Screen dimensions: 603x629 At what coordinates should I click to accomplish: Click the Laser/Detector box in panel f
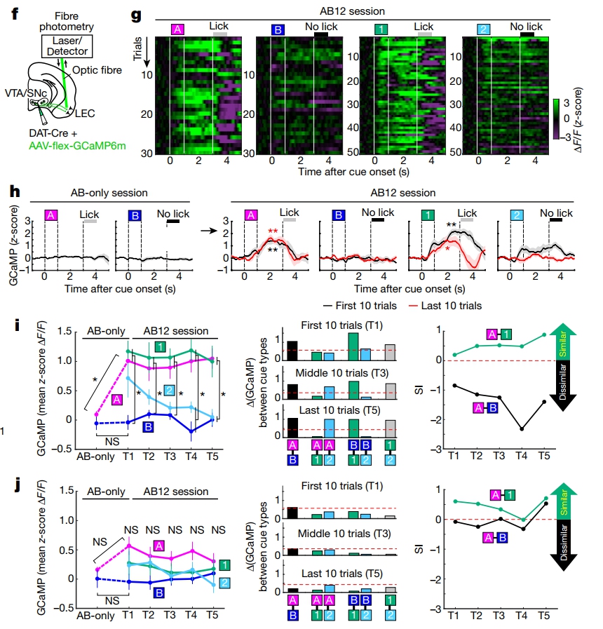click(67, 46)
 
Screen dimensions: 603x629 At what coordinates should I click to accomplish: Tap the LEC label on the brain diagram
click(85, 114)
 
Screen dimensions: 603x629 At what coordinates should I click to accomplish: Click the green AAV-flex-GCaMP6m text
click(77, 146)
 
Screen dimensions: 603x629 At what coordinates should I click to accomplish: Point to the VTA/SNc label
click(26, 93)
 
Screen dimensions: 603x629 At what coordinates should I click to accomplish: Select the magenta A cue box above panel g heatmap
click(177, 29)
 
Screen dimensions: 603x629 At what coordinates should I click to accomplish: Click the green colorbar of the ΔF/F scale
click(556, 119)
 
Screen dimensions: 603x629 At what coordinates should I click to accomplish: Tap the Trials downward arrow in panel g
click(147, 52)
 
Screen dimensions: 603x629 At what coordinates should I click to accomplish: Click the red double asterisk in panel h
click(273, 231)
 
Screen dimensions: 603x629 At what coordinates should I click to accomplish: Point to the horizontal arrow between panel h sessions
click(209, 231)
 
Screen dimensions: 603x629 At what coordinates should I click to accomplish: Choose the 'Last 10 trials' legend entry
click(445, 306)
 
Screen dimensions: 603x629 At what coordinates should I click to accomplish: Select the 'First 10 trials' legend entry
click(360, 306)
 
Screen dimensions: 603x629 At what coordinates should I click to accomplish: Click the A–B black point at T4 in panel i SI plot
click(522, 429)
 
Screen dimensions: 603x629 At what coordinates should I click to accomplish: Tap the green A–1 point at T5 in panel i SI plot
click(544, 334)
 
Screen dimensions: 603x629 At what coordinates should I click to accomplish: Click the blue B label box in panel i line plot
click(148, 427)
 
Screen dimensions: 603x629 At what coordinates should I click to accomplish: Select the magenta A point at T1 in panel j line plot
click(129, 546)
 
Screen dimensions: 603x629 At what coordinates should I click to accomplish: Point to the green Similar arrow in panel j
click(563, 502)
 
